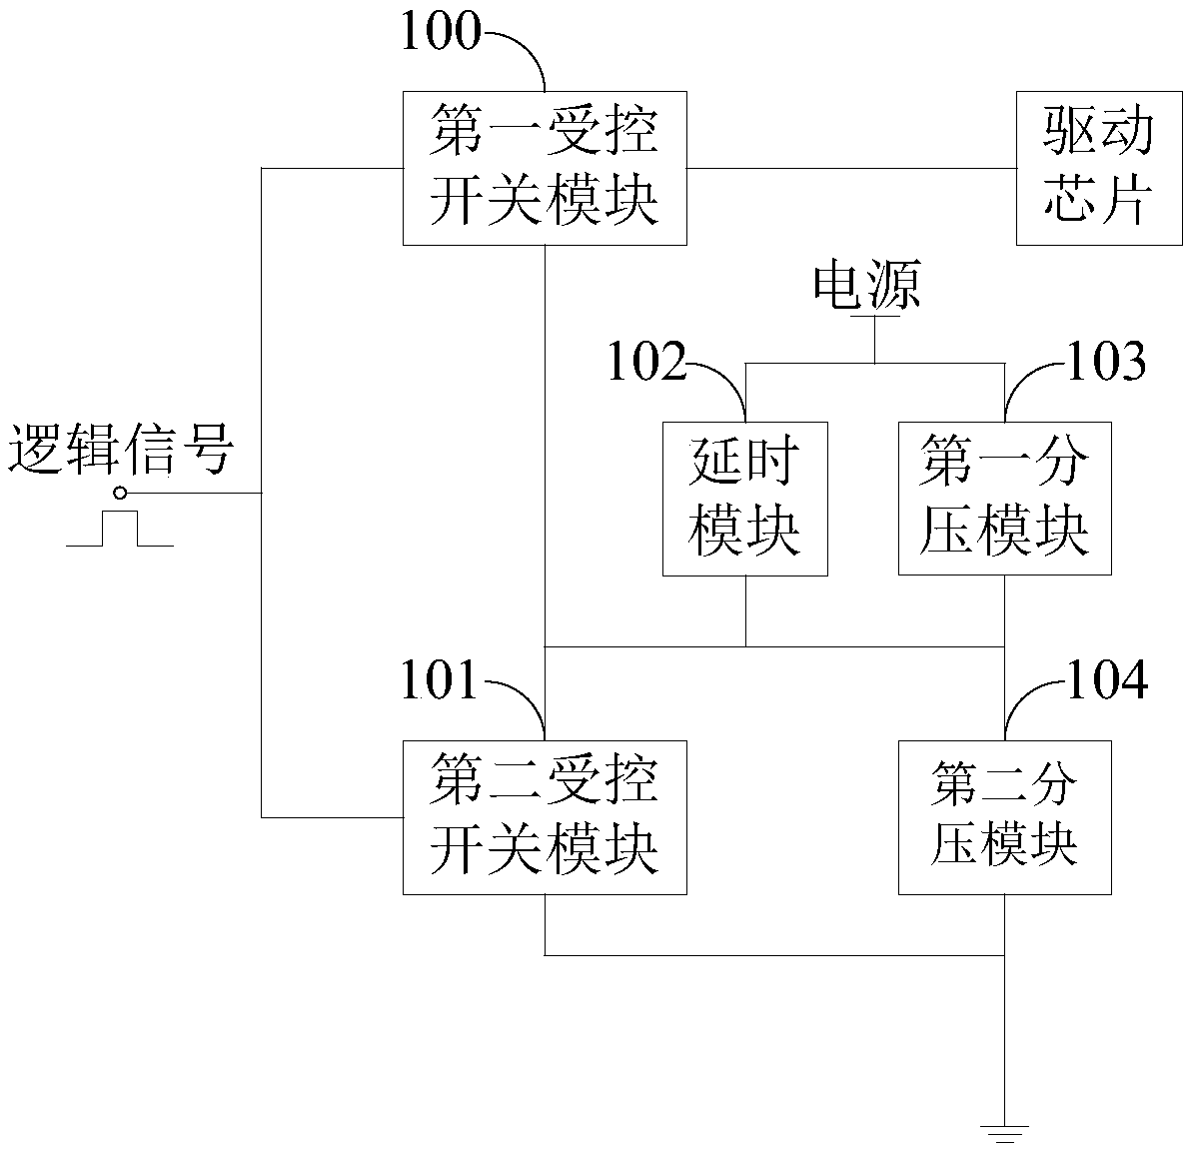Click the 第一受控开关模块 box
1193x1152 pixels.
[545, 168]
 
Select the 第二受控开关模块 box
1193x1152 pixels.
[545, 817]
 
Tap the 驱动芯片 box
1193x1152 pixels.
[1098, 168]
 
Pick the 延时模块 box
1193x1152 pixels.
[745, 499]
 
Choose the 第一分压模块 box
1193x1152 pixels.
[1004, 499]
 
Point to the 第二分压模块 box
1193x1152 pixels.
[1004, 817]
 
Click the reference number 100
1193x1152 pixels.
[440, 32]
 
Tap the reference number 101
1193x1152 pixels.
[440, 681]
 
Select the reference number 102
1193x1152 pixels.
[647, 362]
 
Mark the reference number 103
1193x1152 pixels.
[1106, 362]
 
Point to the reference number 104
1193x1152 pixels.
[1108, 681]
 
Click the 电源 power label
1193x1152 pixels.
[866, 286]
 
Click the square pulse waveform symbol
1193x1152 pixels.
[120, 530]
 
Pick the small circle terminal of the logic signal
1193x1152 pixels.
[121, 493]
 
